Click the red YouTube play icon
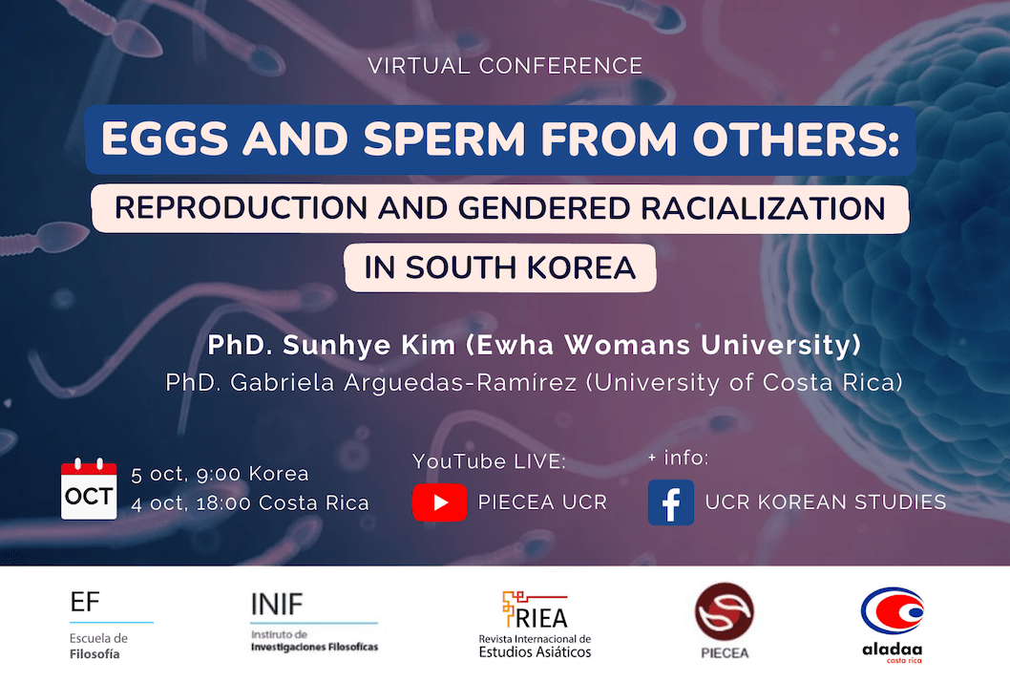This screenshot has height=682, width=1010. (439, 502)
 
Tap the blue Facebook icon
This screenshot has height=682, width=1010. (670, 502)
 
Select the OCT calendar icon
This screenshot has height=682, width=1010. (89, 489)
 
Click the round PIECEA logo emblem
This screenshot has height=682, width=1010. (724, 611)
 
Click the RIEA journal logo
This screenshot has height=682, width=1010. (535, 624)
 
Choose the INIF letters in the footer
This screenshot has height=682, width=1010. (276, 605)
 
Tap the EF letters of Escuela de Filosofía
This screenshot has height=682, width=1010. (85, 602)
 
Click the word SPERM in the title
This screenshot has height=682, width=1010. (445, 139)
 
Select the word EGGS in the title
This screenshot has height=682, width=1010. (165, 139)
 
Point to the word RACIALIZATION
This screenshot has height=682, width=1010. (763, 208)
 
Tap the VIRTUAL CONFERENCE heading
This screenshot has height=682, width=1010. (506, 66)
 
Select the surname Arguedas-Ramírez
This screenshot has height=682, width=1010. (460, 382)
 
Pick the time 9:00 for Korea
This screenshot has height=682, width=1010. (219, 475)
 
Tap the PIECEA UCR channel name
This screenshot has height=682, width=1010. (542, 502)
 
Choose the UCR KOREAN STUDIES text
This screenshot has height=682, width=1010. (826, 502)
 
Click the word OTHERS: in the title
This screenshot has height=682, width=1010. (796, 139)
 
